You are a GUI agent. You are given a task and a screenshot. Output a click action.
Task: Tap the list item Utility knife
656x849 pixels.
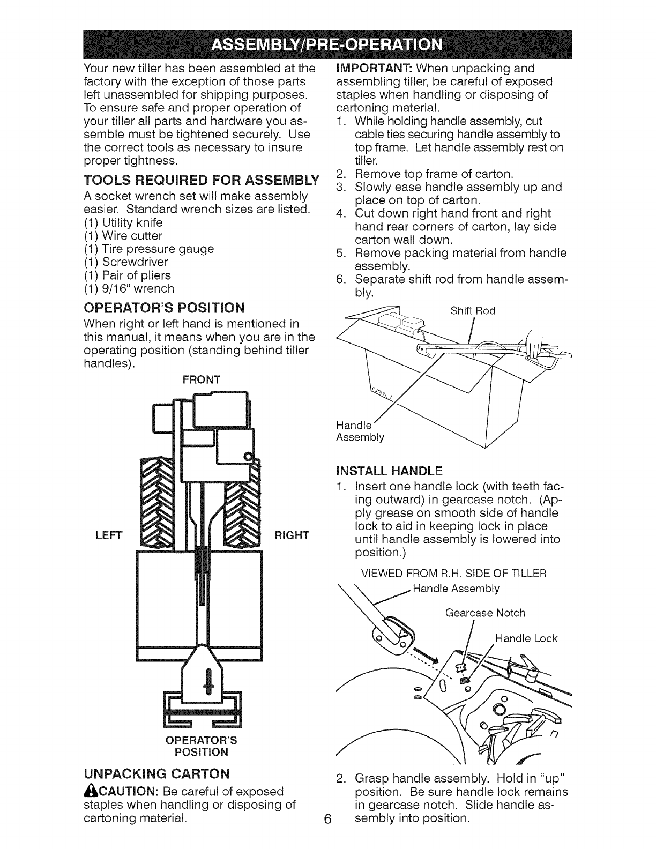click(123, 222)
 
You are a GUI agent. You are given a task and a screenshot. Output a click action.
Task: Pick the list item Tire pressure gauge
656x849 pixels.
click(149, 249)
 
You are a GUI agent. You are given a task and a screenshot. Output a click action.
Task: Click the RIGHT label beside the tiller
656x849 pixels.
click(292, 535)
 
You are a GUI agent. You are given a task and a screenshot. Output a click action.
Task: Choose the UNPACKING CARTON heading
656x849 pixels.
click(157, 773)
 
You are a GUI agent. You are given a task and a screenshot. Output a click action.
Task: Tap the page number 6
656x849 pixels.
click(327, 834)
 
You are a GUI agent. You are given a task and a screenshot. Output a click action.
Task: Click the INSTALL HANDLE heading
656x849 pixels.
click(389, 471)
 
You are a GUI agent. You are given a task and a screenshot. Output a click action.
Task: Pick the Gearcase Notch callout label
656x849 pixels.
click(485, 613)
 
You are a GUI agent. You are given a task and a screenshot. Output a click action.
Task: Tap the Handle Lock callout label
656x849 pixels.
click(526, 638)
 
